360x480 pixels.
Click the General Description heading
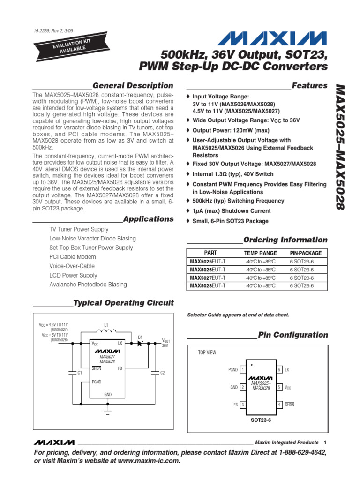[133, 85]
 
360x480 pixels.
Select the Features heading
[309, 85]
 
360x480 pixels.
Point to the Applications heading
[148, 219]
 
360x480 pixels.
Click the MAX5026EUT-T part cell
[207, 270]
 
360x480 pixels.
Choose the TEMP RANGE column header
[261, 253]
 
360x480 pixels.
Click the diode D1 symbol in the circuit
[140, 344]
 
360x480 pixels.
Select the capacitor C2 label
[163, 373]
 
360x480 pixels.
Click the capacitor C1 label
[80, 373]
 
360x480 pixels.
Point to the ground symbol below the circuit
[108, 412]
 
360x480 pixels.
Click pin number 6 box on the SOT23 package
[279, 370]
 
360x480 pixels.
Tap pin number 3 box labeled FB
[243, 405]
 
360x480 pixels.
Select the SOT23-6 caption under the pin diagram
[261, 420]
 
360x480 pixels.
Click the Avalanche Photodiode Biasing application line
[88, 285]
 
